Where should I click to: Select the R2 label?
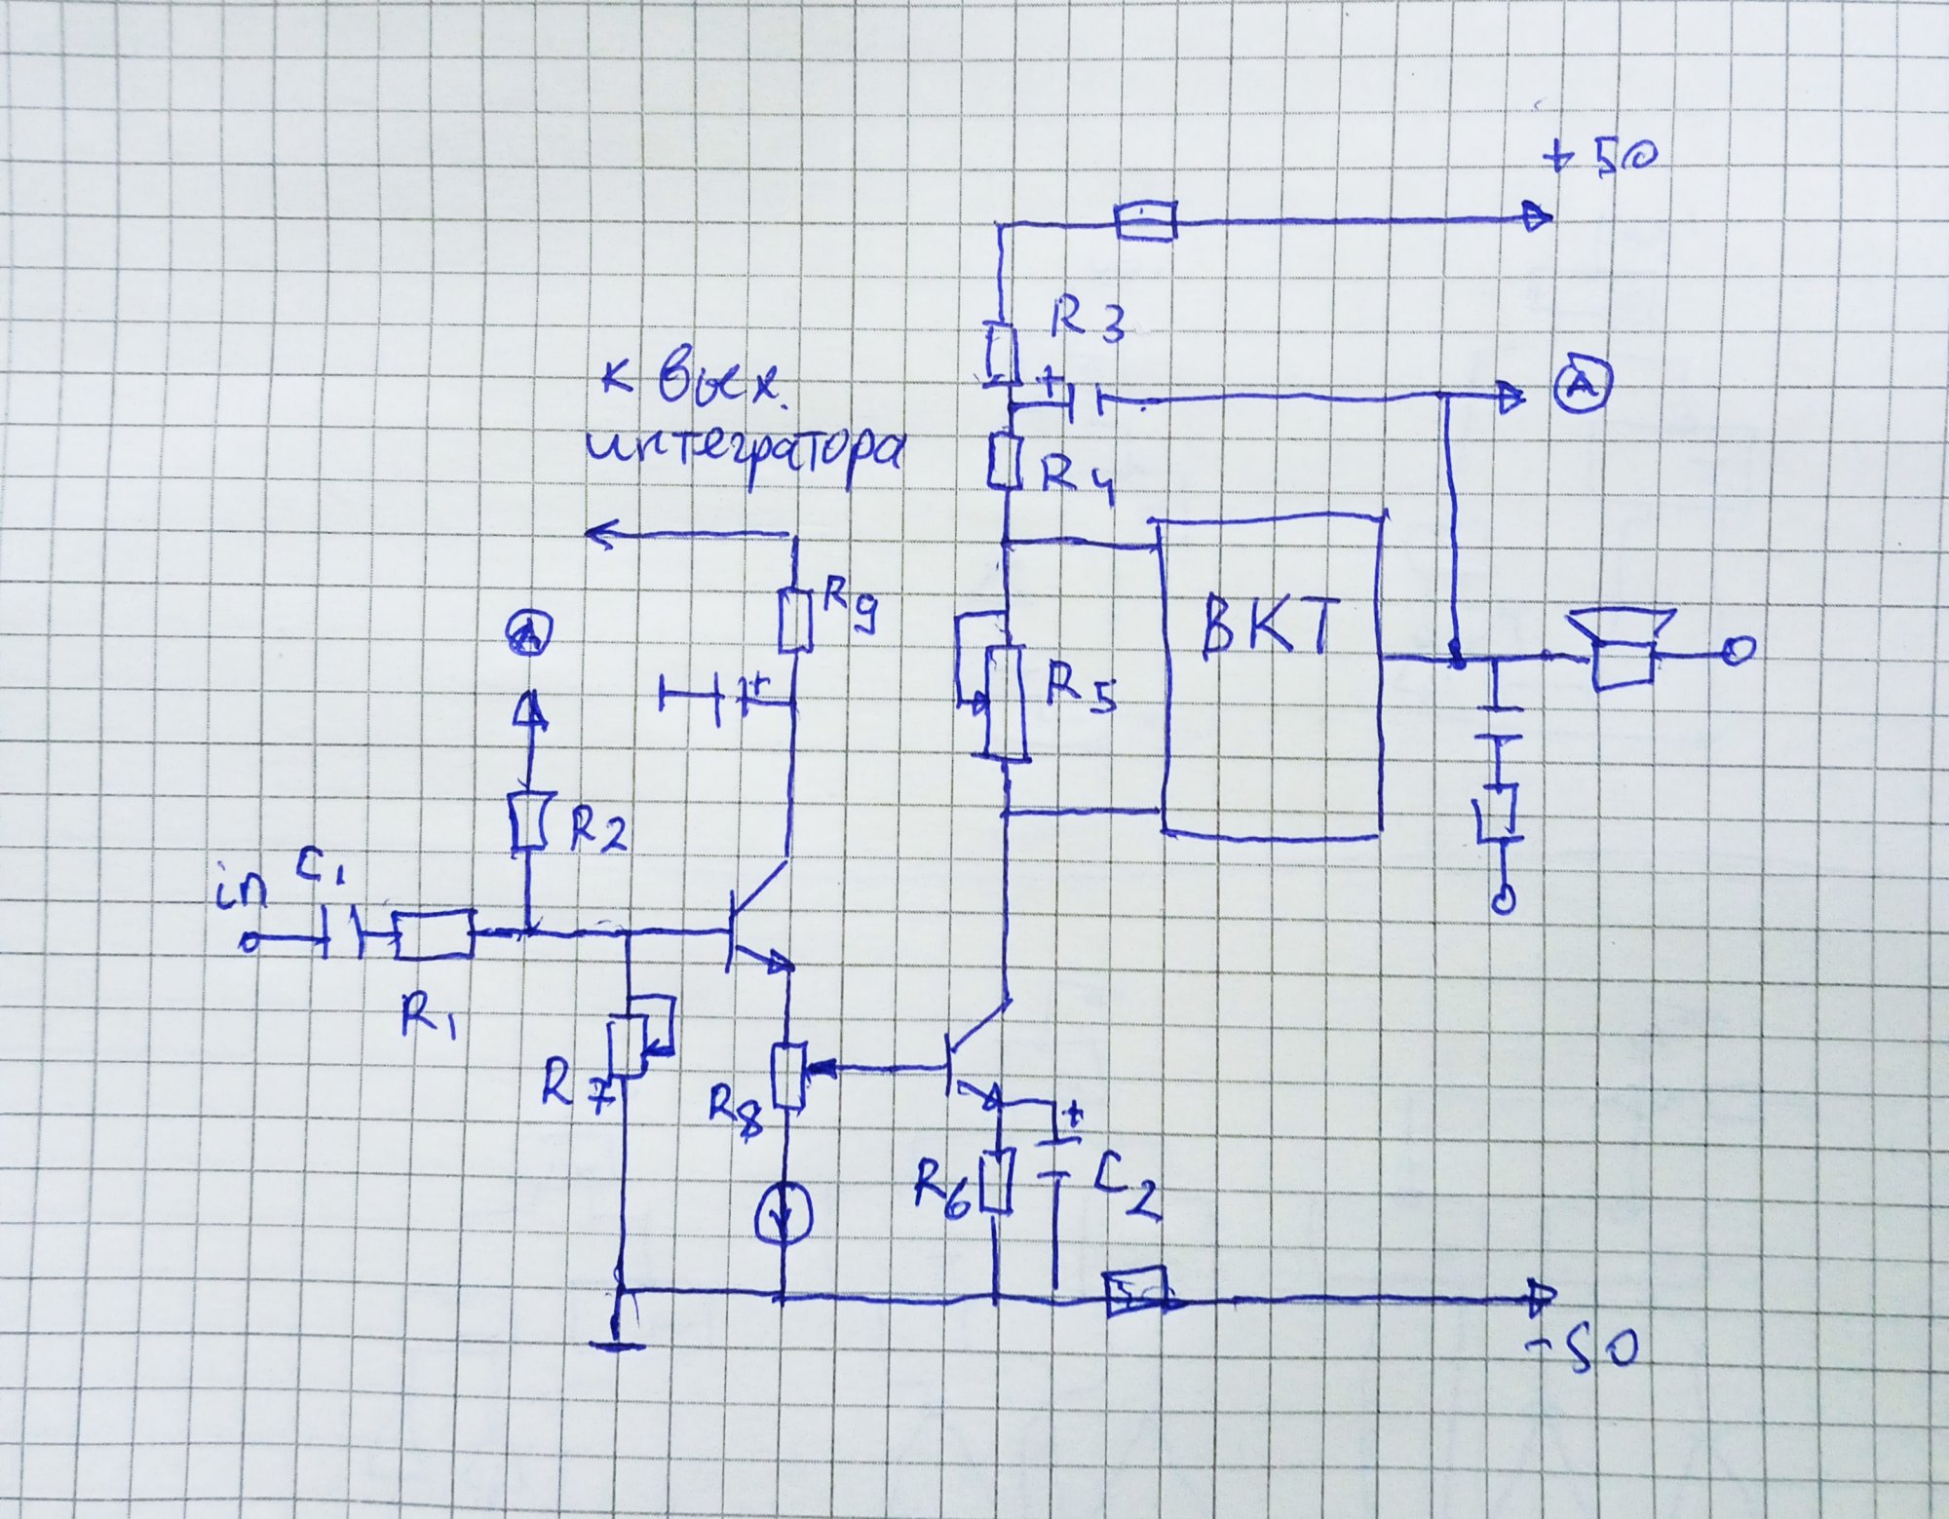coord(596,831)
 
